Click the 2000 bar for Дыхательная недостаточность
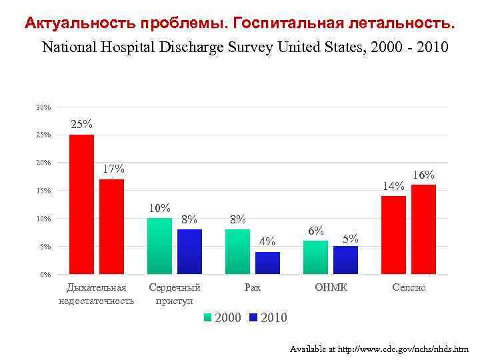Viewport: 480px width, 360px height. click(x=81, y=204)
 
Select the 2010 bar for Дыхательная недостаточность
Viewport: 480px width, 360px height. click(x=112, y=227)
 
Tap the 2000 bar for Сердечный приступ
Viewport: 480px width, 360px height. click(x=159, y=246)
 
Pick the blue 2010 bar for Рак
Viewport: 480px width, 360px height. click(x=267, y=263)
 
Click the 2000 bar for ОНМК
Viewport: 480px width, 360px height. click(x=315, y=257)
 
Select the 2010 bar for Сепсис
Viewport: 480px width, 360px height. click(x=423, y=229)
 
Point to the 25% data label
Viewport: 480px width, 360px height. click(x=81, y=125)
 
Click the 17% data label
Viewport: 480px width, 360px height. click(x=112, y=169)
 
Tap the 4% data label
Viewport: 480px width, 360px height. click(x=267, y=241)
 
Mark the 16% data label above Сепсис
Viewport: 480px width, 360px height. click(x=423, y=175)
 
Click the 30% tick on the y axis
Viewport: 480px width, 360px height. click(x=43, y=107)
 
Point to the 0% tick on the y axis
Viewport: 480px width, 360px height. click(x=45, y=275)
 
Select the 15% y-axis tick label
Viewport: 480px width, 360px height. click(x=43, y=191)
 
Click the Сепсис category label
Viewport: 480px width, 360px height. click(x=409, y=288)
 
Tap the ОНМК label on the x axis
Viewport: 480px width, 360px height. click(x=331, y=288)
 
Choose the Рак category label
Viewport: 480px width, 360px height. click(x=253, y=288)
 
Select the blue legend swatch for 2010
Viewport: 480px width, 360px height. click(x=253, y=317)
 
